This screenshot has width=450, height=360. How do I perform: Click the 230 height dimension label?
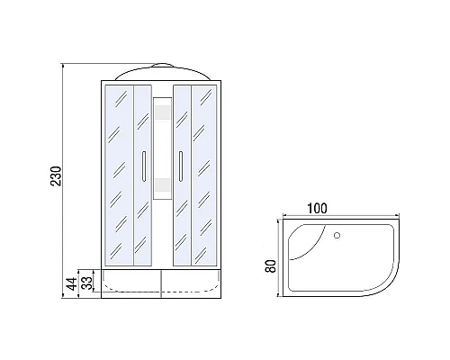pos(56,175)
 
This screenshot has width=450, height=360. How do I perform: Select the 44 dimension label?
pos(72,283)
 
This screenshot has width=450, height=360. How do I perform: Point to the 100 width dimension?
pos(317,209)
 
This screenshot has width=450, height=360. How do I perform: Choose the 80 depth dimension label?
pos(270,265)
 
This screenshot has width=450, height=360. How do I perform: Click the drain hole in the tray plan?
pos(337,235)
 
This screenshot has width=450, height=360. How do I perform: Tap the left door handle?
pos(144,166)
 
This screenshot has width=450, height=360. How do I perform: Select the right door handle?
pos(181,166)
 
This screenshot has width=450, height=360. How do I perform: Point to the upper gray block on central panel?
pos(162,113)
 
